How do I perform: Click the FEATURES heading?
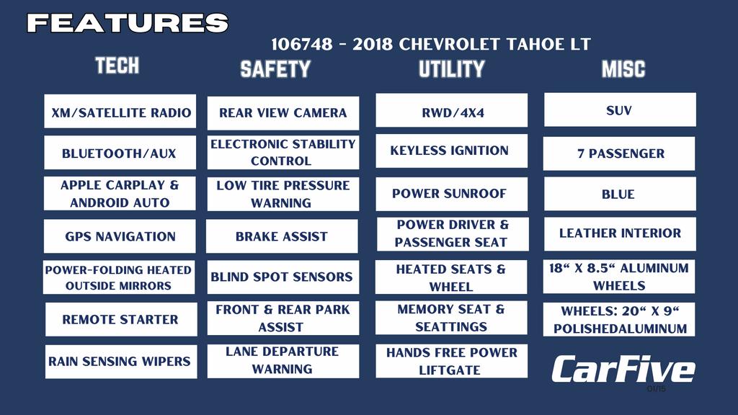pos(128,22)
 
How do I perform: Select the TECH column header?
pos(117,66)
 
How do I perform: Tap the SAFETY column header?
pos(275,69)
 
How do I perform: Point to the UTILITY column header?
pos(452,69)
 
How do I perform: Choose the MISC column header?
pos(623,69)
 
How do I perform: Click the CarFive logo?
pos(623,369)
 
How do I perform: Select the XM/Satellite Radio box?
pos(120,111)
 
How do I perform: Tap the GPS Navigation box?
pos(120,236)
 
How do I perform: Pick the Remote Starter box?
pos(121,319)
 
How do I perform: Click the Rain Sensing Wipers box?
pos(121,362)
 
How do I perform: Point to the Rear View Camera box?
pos(283,113)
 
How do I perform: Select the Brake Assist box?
pos(282,236)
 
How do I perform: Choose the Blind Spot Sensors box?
pos(283,277)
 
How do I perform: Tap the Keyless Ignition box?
pos(451,151)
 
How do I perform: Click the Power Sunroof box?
pos(451,194)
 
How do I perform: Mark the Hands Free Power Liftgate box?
pos(451,361)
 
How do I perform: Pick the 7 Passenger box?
pos(619,153)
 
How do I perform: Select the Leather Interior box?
pos(620,233)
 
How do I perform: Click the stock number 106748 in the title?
pos(302,44)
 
